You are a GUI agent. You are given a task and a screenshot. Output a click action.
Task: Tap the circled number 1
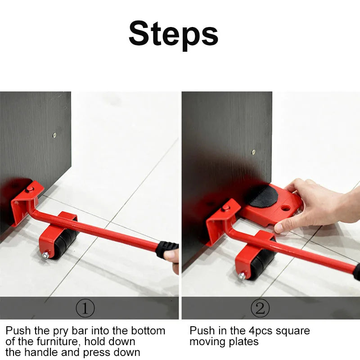[x=85, y=308]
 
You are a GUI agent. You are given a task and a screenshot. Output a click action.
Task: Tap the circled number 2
[x=260, y=308]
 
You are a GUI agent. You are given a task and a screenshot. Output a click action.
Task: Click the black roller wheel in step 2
[x=262, y=264]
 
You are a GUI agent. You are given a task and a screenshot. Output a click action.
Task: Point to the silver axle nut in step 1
[x=46, y=255]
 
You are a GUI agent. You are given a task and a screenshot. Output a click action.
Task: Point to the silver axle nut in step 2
[x=242, y=276]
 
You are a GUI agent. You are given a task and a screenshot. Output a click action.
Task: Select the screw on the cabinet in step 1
[x=54, y=135]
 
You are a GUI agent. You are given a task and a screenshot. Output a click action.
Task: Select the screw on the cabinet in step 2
[x=253, y=152]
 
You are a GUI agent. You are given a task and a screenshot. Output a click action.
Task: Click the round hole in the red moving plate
[x=285, y=208]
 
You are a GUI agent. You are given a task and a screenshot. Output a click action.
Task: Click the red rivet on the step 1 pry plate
[x=30, y=189]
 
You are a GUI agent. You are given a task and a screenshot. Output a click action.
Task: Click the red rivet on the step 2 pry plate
[x=225, y=208]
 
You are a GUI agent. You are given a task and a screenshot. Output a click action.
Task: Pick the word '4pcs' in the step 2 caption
[x=261, y=331]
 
